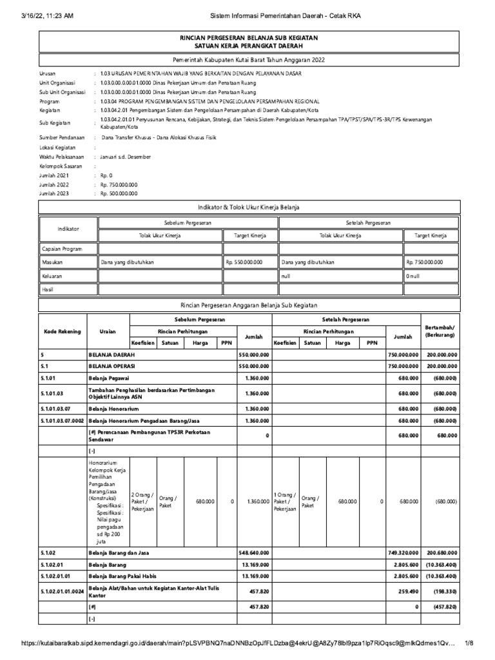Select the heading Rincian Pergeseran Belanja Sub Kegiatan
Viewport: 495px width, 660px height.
(x=249, y=39)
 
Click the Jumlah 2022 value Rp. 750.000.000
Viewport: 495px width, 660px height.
(x=119, y=184)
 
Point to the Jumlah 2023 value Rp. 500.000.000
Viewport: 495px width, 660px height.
(x=119, y=193)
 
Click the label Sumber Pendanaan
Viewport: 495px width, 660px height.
(x=62, y=138)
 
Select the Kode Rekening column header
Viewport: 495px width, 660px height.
(x=63, y=331)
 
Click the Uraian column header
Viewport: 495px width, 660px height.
(x=108, y=331)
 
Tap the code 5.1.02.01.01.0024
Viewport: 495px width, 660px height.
(x=63, y=590)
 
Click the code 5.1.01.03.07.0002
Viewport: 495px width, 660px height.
(x=63, y=421)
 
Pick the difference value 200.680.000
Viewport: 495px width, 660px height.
(x=442, y=552)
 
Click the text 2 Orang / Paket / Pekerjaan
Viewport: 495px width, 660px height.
(x=143, y=501)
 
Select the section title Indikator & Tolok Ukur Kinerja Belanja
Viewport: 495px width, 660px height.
(x=249, y=206)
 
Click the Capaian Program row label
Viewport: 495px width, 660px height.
(x=62, y=249)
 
